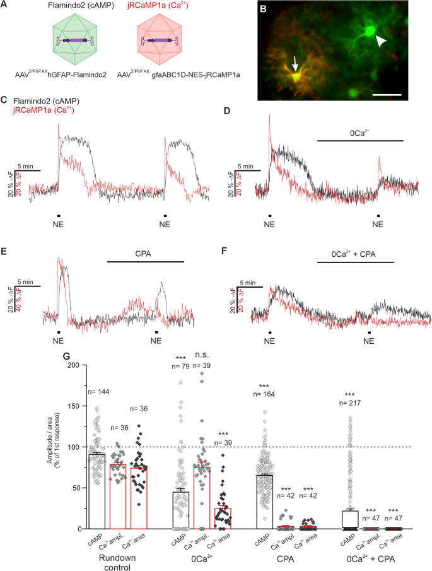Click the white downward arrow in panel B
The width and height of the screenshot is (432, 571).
click(x=296, y=63)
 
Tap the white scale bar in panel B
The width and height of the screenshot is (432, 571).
click(x=387, y=95)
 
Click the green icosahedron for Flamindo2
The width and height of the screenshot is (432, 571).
click(x=74, y=40)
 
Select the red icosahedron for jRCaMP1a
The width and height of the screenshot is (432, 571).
click(x=160, y=40)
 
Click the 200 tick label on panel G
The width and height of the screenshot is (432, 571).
click(x=74, y=365)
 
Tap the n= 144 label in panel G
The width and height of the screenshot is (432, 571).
click(x=98, y=392)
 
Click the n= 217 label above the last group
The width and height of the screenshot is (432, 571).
click(x=350, y=403)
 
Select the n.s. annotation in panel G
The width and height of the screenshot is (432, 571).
click(x=202, y=355)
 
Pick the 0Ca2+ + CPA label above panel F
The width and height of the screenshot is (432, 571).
click(x=353, y=254)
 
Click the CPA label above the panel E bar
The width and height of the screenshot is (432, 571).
click(x=143, y=254)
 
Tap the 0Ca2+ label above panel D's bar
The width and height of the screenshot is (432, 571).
click(x=359, y=133)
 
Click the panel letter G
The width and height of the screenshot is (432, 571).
click(x=66, y=356)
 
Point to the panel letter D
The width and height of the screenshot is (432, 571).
click(x=227, y=110)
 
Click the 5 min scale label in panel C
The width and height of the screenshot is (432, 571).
click(x=25, y=167)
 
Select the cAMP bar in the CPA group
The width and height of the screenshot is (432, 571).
click(x=264, y=502)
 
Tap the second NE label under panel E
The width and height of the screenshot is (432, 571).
click(x=156, y=341)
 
